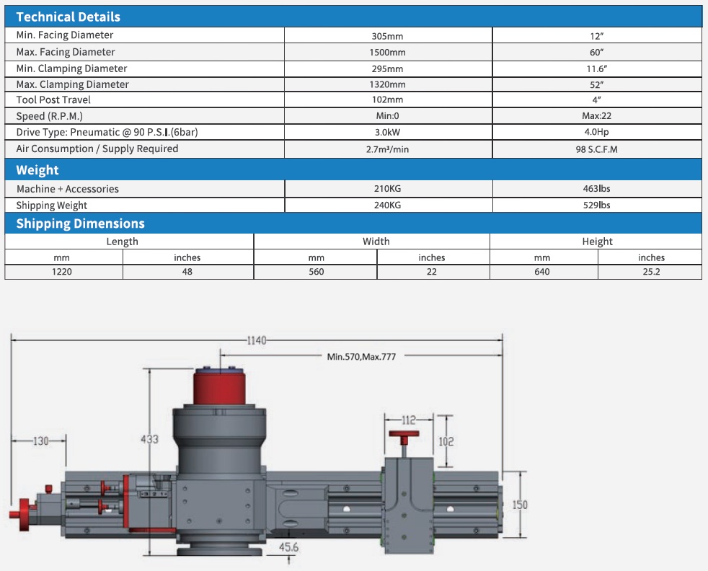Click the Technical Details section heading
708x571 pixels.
(68, 17)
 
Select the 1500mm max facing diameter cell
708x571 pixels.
(388, 53)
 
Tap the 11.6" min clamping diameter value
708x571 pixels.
(596, 68)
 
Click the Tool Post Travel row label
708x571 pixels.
(53, 100)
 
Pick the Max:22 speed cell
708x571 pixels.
(596, 116)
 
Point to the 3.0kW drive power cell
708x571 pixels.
(388, 133)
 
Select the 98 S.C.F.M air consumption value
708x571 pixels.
(596, 149)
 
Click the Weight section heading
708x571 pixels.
(37, 170)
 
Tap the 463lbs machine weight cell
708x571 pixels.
(596, 189)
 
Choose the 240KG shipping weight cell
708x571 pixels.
(388, 205)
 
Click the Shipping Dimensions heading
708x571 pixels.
(80, 223)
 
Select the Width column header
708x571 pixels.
(376, 242)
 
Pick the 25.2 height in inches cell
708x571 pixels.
(651, 272)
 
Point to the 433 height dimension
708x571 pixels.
(149, 438)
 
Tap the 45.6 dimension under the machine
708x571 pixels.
(289, 548)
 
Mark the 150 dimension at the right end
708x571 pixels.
(519, 505)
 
